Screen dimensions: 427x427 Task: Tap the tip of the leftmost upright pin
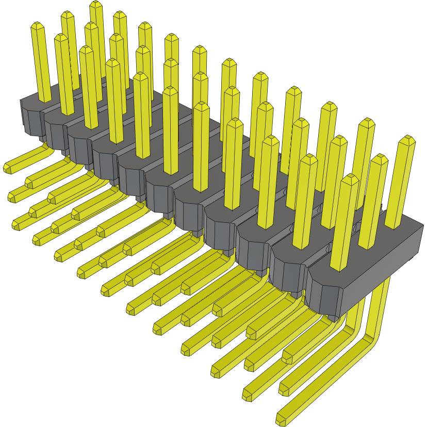click(x=37, y=25)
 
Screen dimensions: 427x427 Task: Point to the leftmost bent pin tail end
click(x=8, y=168)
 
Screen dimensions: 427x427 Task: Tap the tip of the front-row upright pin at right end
click(x=350, y=178)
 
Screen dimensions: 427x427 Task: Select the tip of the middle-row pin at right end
click(x=379, y=157)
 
